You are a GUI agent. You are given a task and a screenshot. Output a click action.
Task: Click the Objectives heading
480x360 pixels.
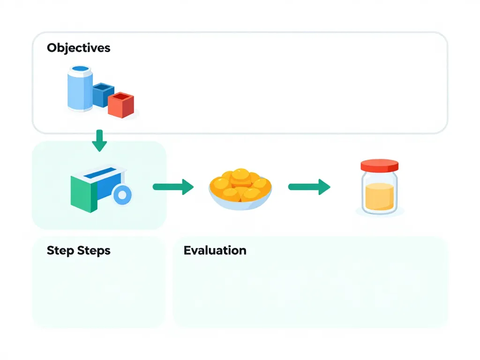point(78,48)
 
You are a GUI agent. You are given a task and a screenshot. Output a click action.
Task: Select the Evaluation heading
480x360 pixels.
point(215,250)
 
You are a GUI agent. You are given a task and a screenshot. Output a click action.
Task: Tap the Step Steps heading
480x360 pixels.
point(78,250)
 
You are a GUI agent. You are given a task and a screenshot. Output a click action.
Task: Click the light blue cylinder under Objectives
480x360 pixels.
point(79,91)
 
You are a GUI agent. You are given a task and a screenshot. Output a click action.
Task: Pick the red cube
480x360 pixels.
point(121,105)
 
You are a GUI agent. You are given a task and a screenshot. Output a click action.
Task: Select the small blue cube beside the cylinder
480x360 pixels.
point(103,94)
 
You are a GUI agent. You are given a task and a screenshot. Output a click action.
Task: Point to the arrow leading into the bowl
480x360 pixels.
point(173,187)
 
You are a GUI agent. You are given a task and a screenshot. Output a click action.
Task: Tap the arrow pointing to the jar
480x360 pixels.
point(309,187)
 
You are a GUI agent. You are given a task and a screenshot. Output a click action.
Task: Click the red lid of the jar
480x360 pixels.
point(379,165)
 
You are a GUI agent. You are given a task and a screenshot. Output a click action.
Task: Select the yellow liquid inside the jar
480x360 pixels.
point(379,196)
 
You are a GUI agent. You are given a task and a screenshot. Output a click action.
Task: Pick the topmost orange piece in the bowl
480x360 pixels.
point(241,174)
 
